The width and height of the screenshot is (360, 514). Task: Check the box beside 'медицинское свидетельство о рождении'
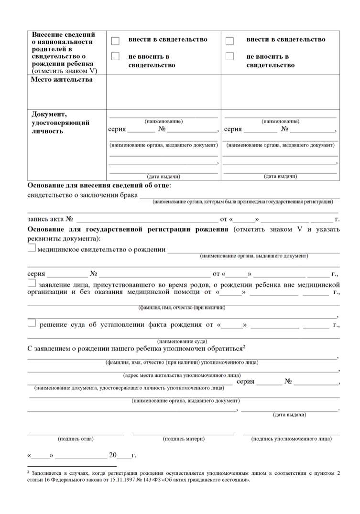click(32, 248)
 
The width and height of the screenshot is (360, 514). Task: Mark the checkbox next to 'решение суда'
click(32, 323)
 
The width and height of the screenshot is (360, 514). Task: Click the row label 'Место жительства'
click(62, 79)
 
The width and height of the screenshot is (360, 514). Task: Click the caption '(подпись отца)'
click(76, 438)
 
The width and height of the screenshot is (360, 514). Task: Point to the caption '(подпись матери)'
click(184, 438)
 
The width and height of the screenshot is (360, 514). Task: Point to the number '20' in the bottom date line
click(113, 455)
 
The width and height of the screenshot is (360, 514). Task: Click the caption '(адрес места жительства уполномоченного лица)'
click(182, 375)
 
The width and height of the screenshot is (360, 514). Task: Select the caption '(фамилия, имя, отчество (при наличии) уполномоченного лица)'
click(182, 363)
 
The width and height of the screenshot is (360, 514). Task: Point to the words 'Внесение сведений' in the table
click(63, 35)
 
